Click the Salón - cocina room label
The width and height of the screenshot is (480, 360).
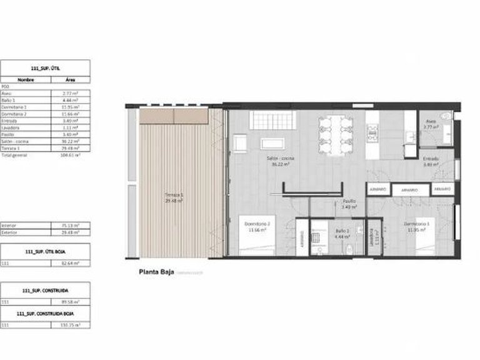pyautogui.click(x=280, y=161)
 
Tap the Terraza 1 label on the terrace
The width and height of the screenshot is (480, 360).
pyautogui.click(x=172, y=197)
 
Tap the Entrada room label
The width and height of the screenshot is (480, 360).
pyautogui.click(x=431, y=161)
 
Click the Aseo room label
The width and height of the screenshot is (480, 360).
pyautogui.click(x=431, y=124)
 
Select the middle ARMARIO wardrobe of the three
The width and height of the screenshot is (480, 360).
pyautogui.click(x=409, y=189)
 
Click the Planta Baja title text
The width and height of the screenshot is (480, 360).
pyautogui.click(x=155, y=272)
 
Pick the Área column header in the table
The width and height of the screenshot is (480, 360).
pyautogui.click(x=70, y=80)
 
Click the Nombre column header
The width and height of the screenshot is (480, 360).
pyautogui.click(x=26, y=80)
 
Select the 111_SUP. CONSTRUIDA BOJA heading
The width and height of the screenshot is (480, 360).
pyautogui.click(x=45, y=312)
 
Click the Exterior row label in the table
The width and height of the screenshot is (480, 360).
pyautogui.click(x=9, y=232)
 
